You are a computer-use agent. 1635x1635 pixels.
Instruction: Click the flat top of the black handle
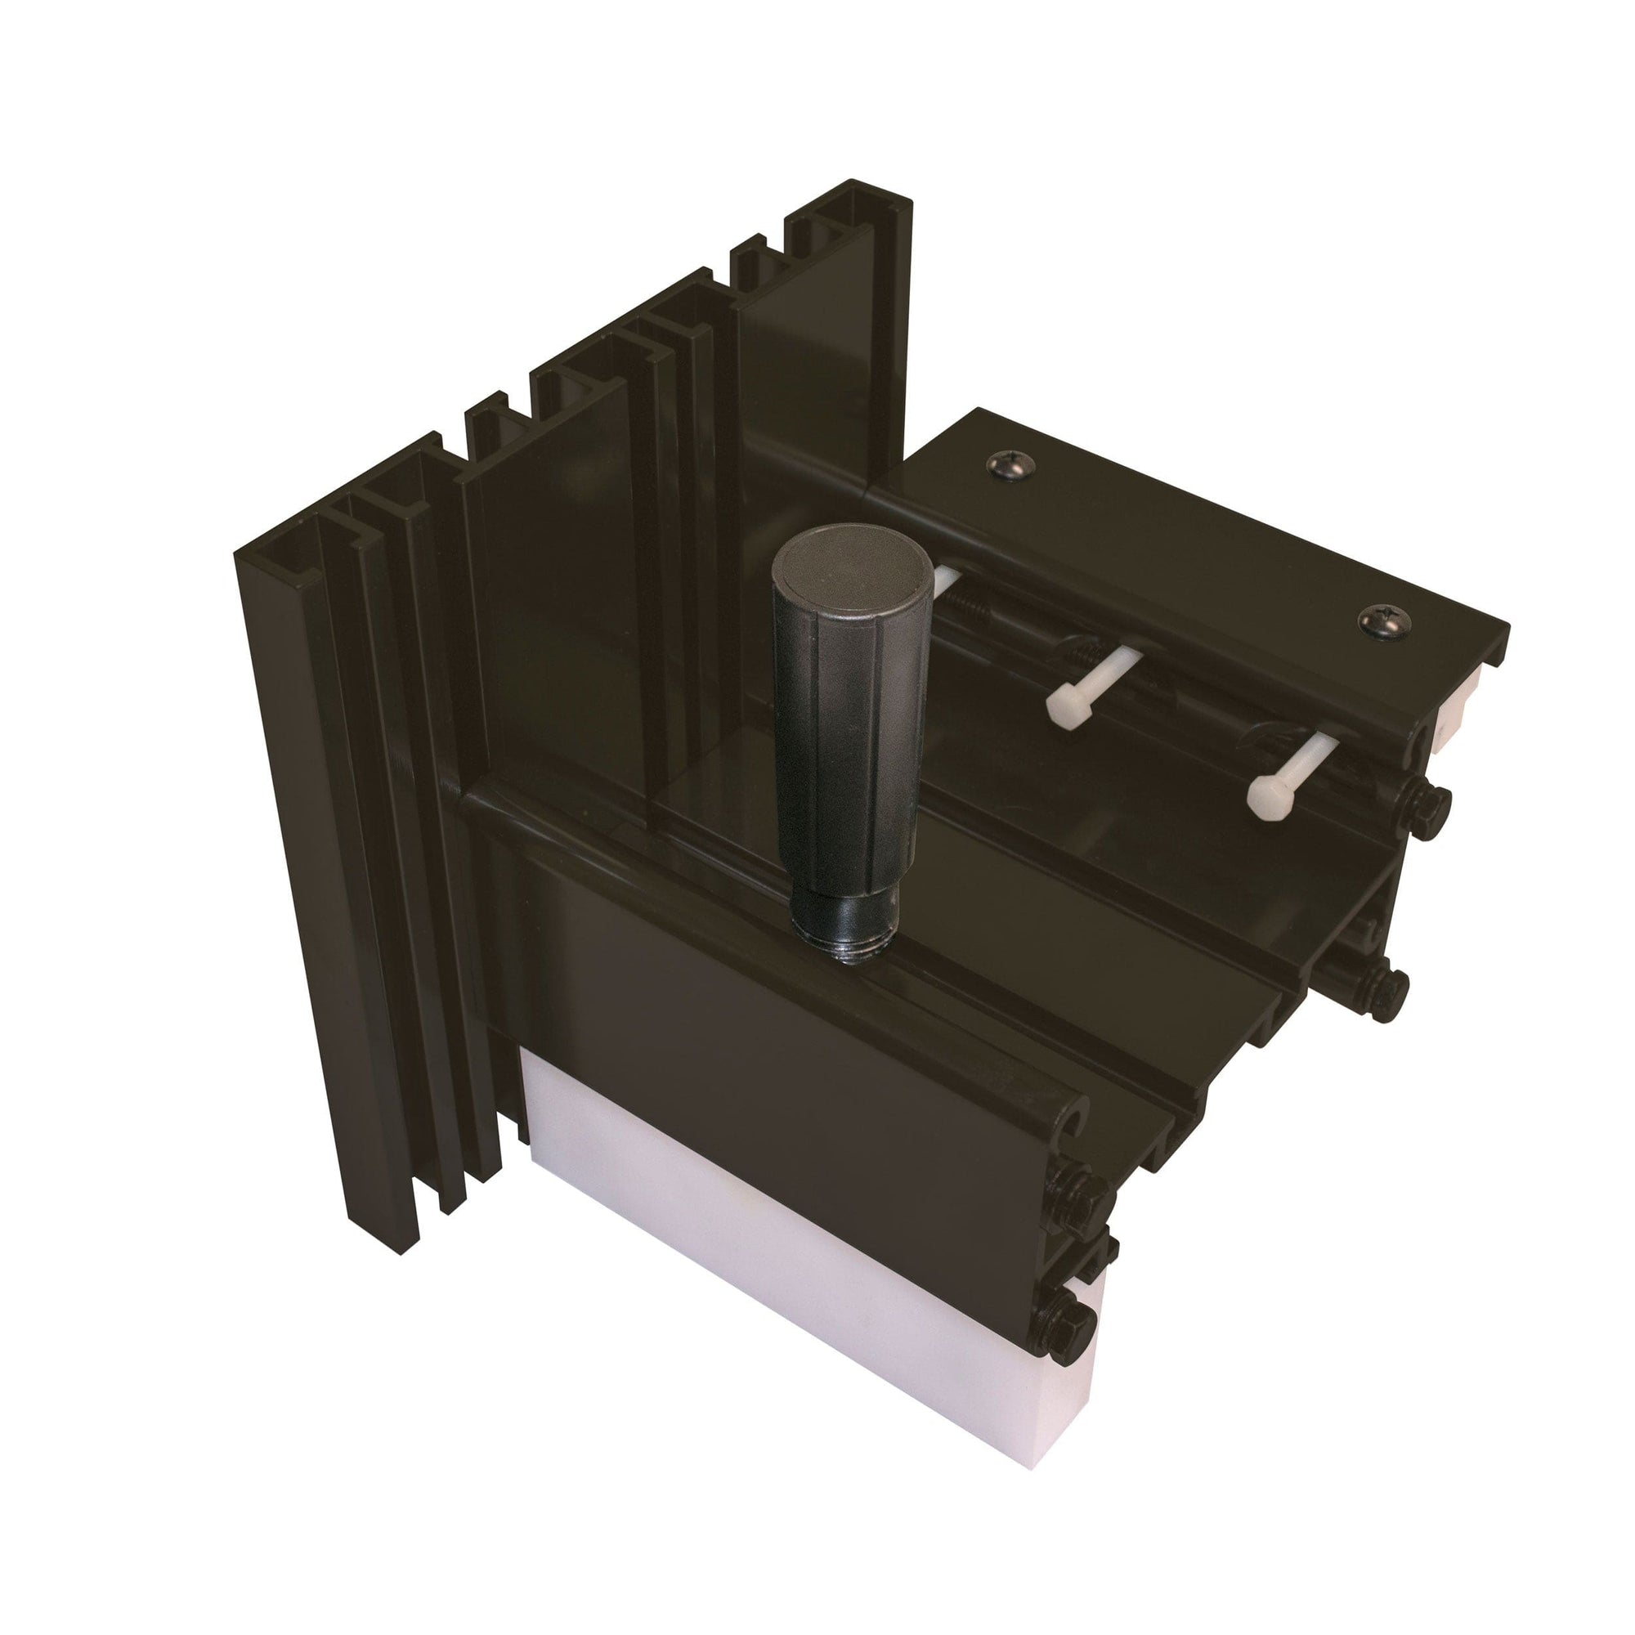pos(828,570)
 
